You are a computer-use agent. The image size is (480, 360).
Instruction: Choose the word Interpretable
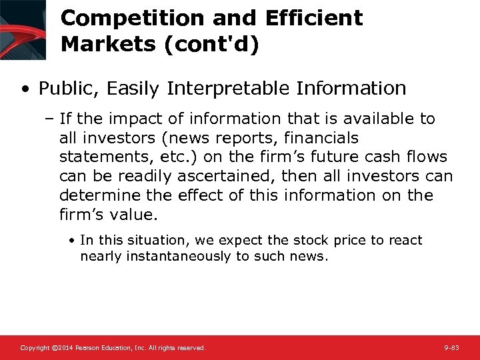click(x=232, y=88)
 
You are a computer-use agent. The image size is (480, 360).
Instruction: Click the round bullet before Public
click(x=25, y=89)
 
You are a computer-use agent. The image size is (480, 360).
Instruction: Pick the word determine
click(x=97, y=196)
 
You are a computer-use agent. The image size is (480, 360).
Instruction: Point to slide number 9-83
click(x=451, y=348)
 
